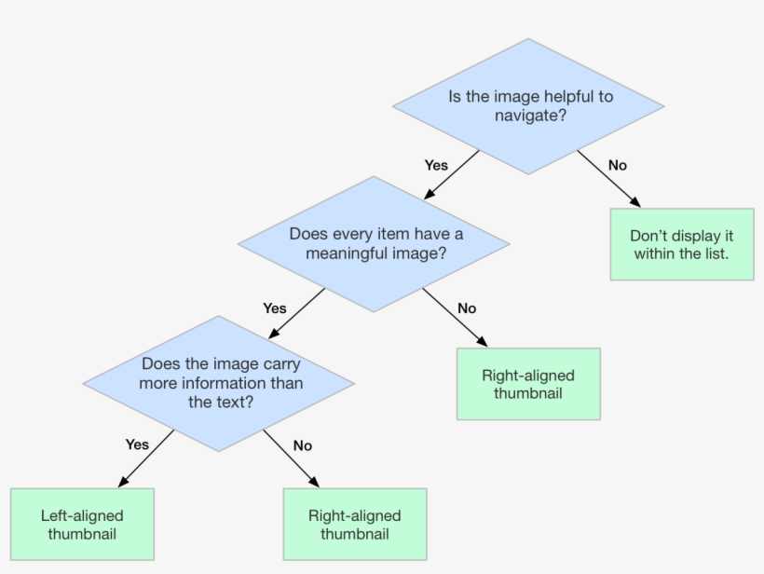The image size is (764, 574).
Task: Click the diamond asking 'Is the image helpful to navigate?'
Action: [528, 106]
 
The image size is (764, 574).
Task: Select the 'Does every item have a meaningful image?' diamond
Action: [374, 243]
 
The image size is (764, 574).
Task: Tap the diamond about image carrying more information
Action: [219, 383]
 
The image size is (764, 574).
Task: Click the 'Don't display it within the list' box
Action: [681, 244]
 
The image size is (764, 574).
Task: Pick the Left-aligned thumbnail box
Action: [82, 525]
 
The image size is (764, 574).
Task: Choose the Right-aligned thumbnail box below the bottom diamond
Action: [354, 525]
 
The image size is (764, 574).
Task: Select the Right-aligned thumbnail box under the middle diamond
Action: [528, 384]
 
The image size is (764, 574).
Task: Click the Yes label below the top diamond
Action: [436, 165]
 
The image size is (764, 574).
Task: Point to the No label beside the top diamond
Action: [617, 165]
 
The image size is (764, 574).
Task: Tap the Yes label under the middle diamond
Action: [275, 307]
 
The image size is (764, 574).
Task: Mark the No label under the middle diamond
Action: [467, 307]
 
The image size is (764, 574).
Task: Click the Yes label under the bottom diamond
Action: [137, 444]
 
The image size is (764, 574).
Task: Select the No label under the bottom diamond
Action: [302, 445]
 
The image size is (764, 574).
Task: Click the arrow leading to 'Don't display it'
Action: [608, 178]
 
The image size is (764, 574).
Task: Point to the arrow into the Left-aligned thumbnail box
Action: [147, 458]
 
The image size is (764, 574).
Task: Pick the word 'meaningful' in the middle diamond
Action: [358, 253]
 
